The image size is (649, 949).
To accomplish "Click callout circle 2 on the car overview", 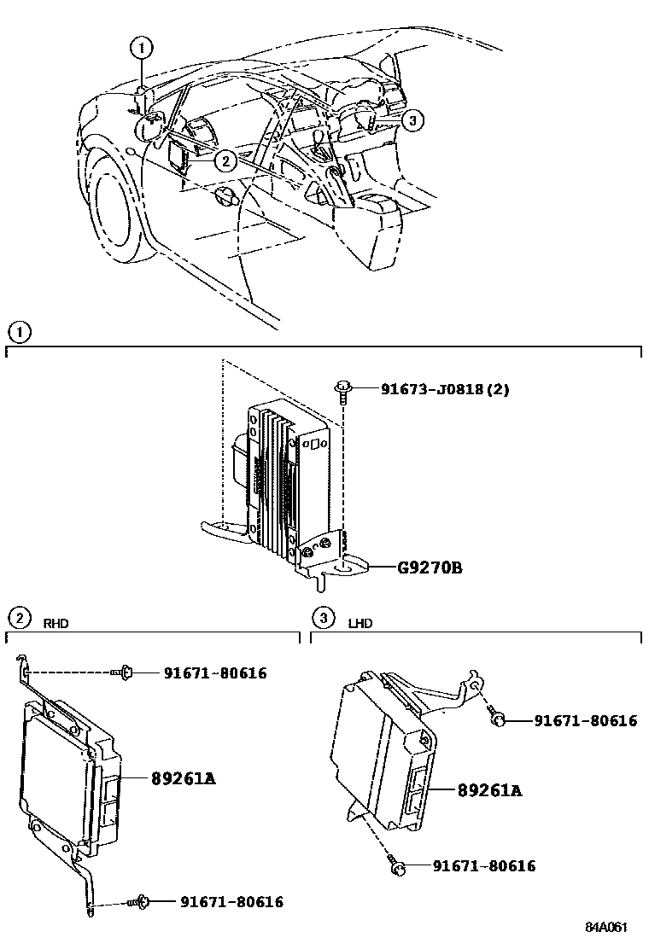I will (x=224, y=160).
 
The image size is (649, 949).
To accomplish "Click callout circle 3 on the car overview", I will (x=412, y=121).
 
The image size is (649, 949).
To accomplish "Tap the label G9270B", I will (x=429, y=567).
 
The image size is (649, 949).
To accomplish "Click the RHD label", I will (x=56, y=623).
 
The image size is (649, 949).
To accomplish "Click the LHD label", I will (x=360, y=623).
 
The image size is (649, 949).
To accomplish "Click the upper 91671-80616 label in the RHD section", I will (x=215, y=673).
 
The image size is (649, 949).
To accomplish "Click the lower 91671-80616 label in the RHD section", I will (x=231, y=901).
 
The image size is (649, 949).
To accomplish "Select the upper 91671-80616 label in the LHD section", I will (x=586, y=720).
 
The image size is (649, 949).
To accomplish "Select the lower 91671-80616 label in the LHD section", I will (x=483, y=866).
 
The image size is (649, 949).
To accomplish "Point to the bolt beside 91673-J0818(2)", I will (x=342, y=389).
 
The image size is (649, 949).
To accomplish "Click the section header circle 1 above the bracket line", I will (x=18, y=331).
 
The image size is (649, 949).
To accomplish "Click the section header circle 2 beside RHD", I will (x=18, y=617).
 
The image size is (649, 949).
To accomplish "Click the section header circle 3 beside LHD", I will (x=321, y=617).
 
